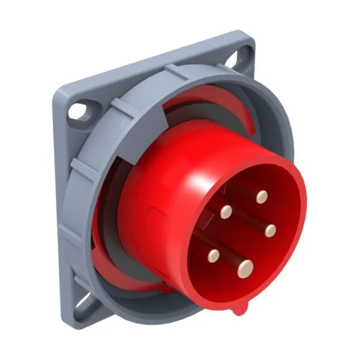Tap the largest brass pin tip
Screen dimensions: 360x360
pyautogui.click(x=245, y=269)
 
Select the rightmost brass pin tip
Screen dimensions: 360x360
pyautogui.click(x=270, y=230)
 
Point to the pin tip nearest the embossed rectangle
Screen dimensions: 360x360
pyautogui.click(x=226, y=211)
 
